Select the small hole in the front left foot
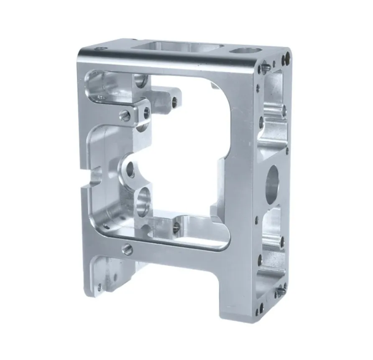[100, 287]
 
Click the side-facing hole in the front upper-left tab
[146, 111]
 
